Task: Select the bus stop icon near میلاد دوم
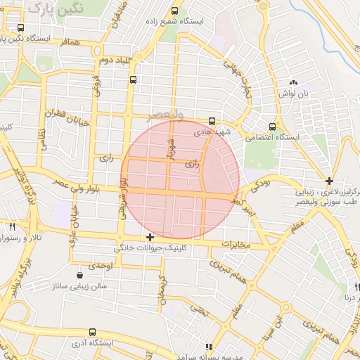(133, 80)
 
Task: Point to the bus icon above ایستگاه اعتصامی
(272, 127)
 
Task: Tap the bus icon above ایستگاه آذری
(92, 332)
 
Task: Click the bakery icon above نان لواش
(293, 82)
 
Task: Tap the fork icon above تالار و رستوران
(12, 226)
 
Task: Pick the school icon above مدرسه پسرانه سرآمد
(208, 347)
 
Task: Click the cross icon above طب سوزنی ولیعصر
(329, 181)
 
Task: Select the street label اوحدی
(101, 265)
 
